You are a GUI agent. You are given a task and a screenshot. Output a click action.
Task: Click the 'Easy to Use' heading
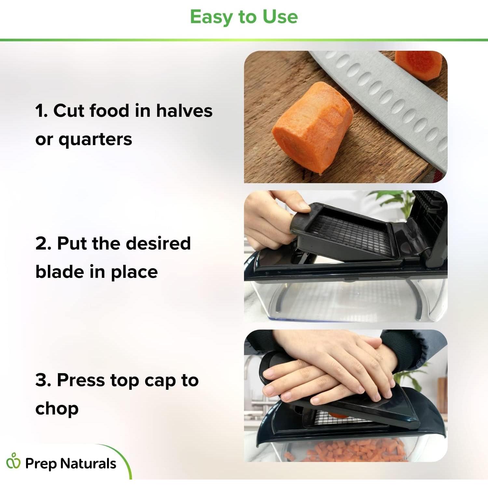click(244, 17)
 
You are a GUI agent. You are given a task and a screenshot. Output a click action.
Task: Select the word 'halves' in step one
click(184, 111)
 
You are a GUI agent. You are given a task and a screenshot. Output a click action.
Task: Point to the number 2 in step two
click(43, 244)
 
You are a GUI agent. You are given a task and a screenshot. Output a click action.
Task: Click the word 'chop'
click(57, 409)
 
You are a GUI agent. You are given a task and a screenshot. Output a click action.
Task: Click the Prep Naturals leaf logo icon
click(13, 461)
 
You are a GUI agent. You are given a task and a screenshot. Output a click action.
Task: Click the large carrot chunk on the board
click(311, 129)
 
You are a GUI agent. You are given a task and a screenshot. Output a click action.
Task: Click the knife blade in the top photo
click(390, 98)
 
